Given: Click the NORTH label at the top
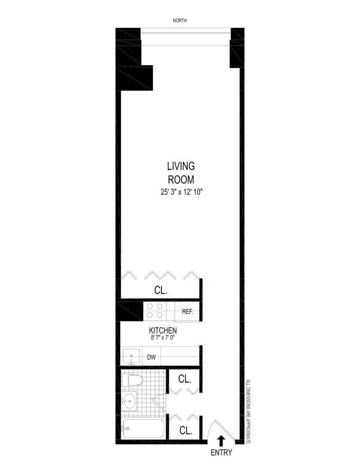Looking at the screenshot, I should click(180, 20).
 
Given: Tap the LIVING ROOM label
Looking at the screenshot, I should click(181, 173).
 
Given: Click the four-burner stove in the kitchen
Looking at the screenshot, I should click(154, 311).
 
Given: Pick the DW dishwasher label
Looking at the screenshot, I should click(152, 358).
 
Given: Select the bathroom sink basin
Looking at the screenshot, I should click(130, 399).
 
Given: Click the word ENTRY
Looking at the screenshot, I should click(221, 453).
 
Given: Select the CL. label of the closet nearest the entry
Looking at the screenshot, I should click(185, 430).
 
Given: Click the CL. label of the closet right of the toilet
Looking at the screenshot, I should click(185, 379).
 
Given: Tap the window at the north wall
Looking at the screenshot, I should click(186, 31).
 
